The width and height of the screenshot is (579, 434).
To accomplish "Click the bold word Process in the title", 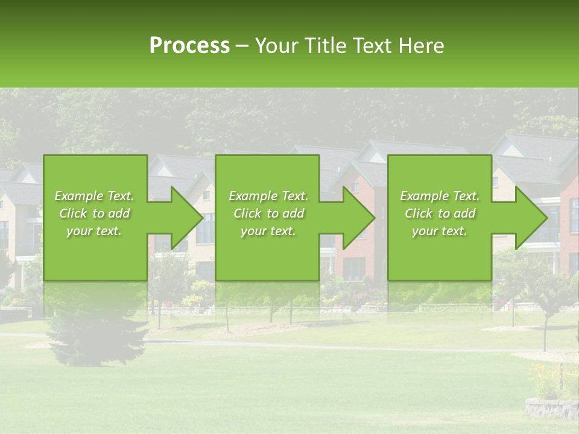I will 189,46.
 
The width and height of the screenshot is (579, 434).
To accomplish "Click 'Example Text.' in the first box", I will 94,196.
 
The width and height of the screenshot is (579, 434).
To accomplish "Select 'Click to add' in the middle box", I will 268,213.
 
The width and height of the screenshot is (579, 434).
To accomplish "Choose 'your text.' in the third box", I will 440,231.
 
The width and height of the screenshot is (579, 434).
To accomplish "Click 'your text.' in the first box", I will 94,231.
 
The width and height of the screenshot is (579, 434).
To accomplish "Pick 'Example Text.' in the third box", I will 440,196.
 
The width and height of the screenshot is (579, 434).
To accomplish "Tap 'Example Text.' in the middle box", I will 268,196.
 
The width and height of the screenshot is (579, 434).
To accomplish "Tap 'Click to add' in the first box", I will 94,213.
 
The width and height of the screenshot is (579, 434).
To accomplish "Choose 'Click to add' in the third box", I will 440,213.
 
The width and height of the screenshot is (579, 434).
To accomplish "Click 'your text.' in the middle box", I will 268,231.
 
